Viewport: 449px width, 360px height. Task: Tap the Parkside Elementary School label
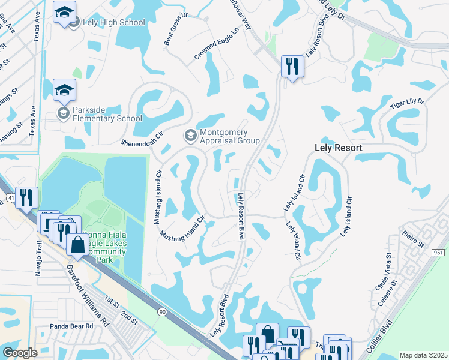(107, 114)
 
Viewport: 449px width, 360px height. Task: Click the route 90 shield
(161, 311)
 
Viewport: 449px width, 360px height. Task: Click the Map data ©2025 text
(423, 355)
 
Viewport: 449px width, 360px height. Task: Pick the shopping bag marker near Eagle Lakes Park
(77, 245)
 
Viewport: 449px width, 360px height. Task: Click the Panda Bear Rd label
(72, 326)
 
